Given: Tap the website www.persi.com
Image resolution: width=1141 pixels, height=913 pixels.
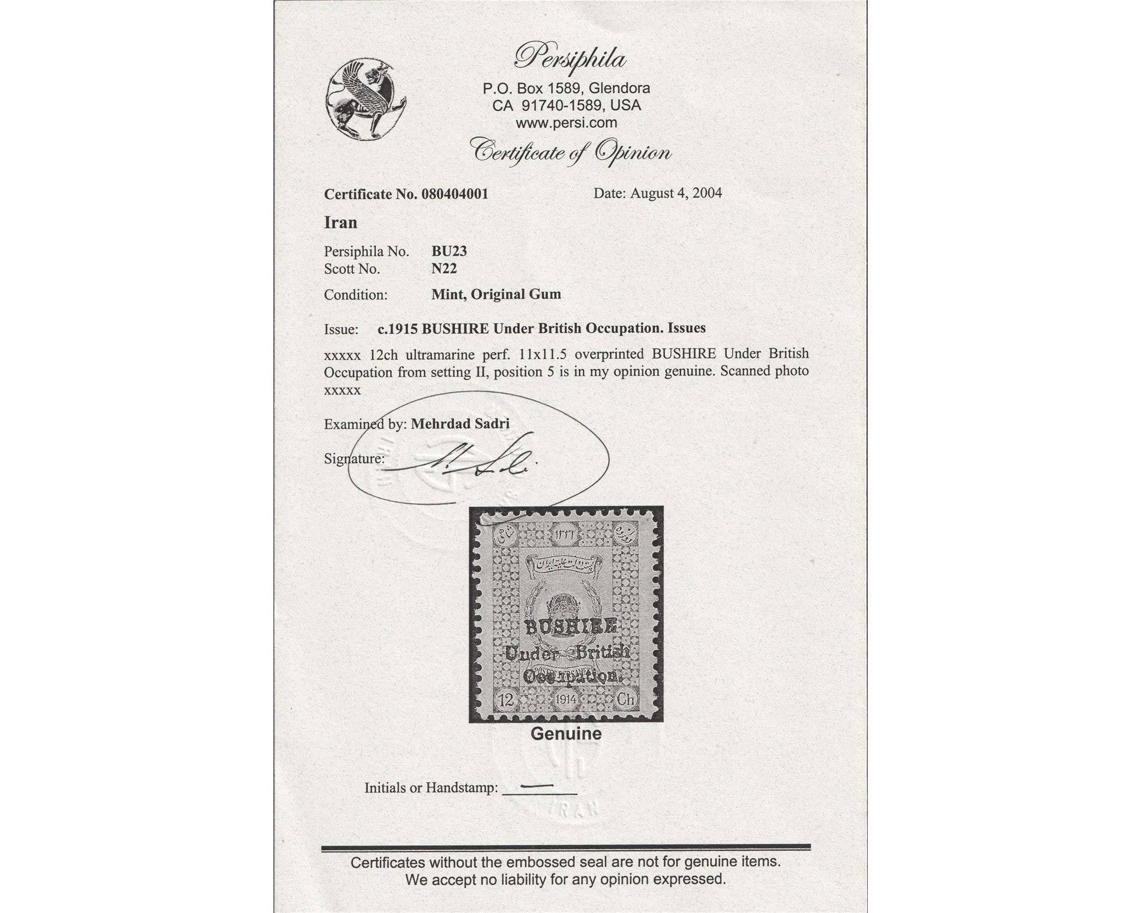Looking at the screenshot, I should [566, 123].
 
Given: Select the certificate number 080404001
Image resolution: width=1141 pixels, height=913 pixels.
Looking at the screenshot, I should [455, 194].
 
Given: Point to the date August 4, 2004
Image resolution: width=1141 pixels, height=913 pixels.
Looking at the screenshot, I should [676, 193].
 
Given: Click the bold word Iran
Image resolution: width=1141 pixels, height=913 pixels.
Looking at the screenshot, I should [341, 223].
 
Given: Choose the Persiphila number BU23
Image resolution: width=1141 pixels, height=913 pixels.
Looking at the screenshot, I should [449, 252].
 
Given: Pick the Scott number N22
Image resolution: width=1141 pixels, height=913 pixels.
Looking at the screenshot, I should [444, 269].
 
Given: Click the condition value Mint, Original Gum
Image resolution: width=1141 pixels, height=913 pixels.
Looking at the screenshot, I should [496, 294].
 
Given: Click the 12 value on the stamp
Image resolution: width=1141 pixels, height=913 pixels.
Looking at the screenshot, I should [504, 700].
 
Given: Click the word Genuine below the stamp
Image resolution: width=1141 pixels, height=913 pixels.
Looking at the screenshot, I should [566, 734].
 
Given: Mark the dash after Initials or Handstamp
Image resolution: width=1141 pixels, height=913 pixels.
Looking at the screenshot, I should [538, 786].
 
